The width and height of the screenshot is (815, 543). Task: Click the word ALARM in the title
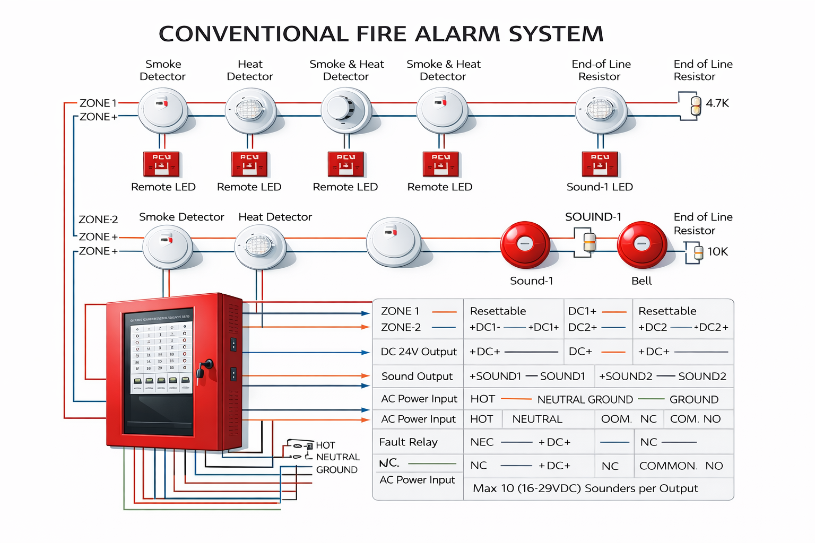457,34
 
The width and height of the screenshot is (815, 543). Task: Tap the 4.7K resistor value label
717,103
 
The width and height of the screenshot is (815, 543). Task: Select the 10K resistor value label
717,251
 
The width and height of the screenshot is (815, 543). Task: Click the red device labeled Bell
642,244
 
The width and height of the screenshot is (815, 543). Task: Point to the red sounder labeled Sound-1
525,244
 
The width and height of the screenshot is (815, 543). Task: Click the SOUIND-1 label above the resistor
593,217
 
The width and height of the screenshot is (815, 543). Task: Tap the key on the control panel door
204,367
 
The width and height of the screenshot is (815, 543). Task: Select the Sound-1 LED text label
600,187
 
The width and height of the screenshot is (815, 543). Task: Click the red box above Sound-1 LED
600,164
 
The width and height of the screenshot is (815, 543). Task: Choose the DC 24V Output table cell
419,352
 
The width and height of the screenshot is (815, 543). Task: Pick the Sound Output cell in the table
417,376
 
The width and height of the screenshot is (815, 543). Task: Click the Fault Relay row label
408,442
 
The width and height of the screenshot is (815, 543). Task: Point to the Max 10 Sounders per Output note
585,488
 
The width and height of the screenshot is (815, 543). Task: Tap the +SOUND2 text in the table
626,376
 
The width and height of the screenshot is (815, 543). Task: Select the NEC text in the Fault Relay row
482,442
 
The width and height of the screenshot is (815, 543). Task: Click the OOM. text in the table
616,419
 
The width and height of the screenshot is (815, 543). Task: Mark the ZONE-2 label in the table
401,327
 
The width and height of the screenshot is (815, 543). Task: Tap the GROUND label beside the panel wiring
336,470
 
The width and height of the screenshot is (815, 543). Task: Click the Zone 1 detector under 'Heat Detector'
250,111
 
